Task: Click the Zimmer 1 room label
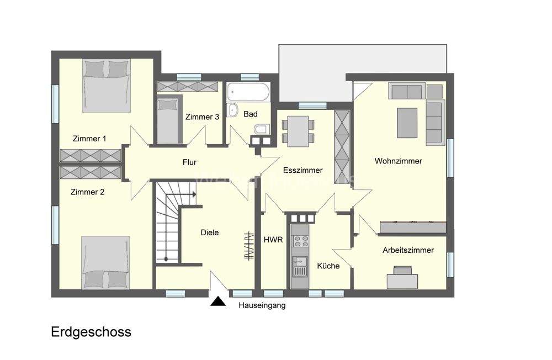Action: tap(89, 139)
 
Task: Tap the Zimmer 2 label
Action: tap(87, 193)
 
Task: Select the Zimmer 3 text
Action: tap(202, 117)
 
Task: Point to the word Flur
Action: tap(190, 162)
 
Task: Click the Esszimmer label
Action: tap(302, 170)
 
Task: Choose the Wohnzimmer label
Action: tap(398, 161)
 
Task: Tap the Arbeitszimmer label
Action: tap(408, 250)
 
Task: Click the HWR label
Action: tap(273, 240)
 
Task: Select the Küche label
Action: tap(328, 266)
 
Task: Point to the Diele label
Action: tap(209, 232)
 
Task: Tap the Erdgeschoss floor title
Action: tap(91, 332)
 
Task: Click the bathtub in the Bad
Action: tap(248, 91)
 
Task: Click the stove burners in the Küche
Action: tap(301, 241)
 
